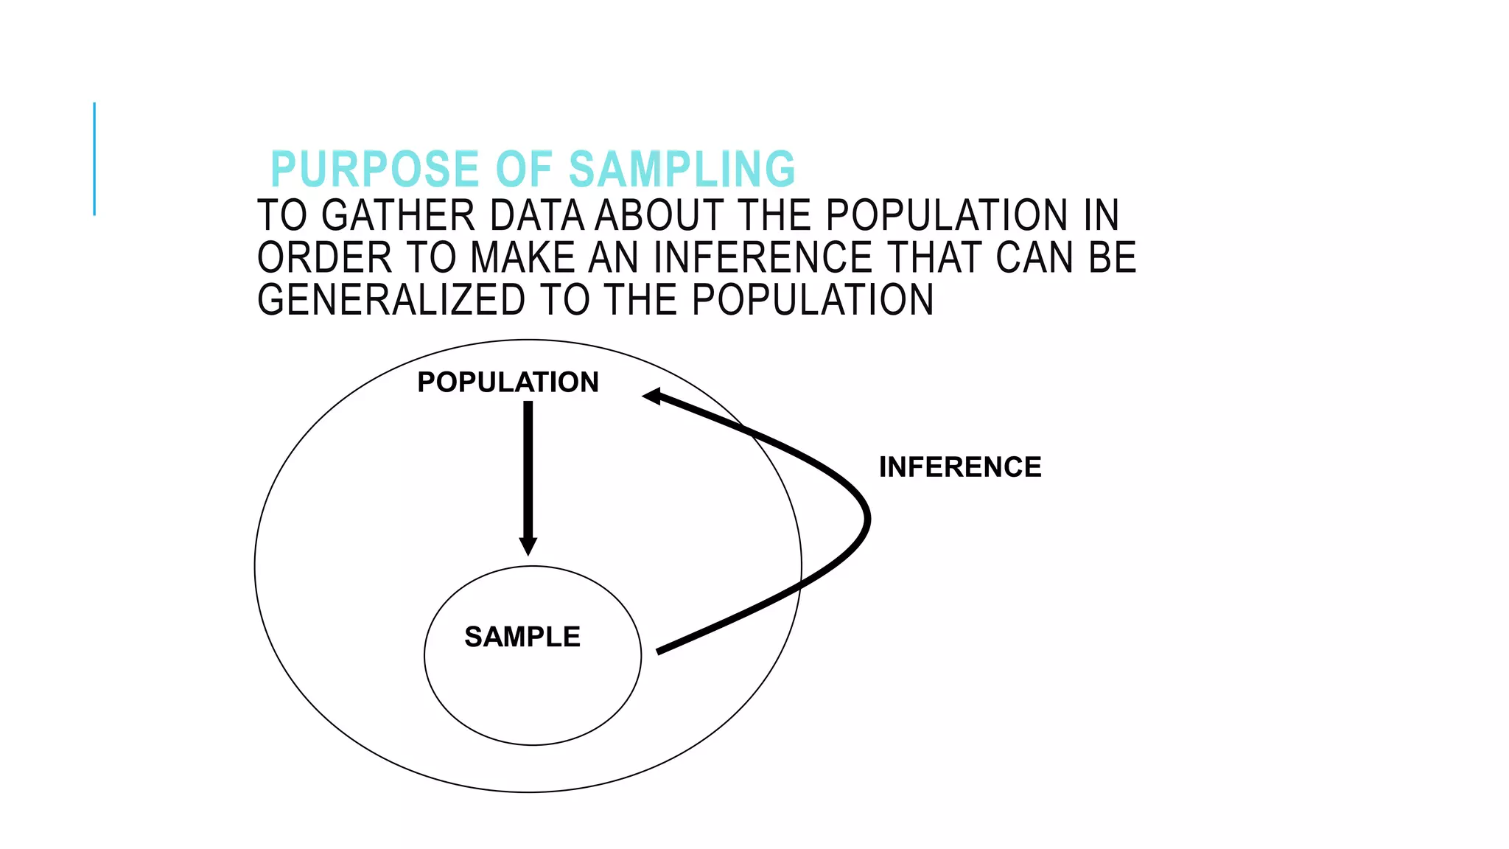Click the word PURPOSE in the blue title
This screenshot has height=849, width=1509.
[x=375, y=170]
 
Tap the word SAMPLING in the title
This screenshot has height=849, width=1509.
[x=682, y=170]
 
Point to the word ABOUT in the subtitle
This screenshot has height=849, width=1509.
[x=659, y=216]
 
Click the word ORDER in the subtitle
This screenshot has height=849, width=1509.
[x=324, y=258]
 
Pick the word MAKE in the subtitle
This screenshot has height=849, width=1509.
[x=522, y=258]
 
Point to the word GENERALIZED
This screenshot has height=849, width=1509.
[x=391, y=300]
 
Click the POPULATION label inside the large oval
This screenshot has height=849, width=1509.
[x=508, y=382]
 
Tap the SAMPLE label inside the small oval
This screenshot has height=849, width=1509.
[x=522, y=637]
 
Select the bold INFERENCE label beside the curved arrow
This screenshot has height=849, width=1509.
[x=959, y=467]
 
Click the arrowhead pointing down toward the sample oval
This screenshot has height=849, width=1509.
[x=528, y=546]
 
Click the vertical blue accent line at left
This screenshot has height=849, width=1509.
[x=94, y=158]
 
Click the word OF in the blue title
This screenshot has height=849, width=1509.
[x=524, y=170]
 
